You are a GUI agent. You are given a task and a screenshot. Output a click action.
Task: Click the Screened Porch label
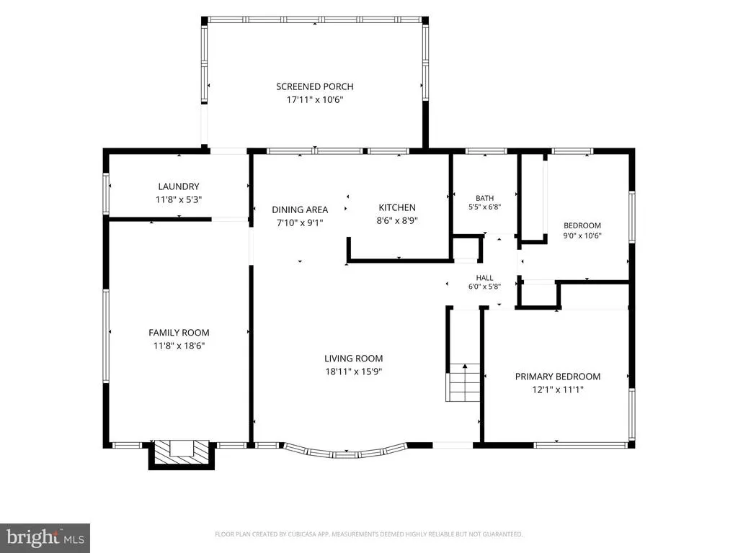pyautogui.click(x=314, y=86)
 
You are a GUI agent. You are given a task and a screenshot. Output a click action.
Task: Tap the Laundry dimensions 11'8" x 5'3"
pyautogui.click(x=179, y=199)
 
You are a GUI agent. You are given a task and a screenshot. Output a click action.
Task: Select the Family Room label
pyautogui.click(x=179, y=333)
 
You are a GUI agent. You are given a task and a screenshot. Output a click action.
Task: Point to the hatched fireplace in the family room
pyautogui.click(x=182, y=454)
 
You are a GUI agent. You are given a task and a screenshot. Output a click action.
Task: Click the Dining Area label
pyautogui.click(x=300, y=210)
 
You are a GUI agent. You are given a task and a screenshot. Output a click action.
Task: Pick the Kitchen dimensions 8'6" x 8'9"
pyautogui.click(x=397, y=220)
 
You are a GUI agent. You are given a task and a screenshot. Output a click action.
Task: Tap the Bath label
pyautogui.click(x=484, y=199)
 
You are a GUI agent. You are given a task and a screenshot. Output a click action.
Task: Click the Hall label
pyautogui.click(x=484, y=278)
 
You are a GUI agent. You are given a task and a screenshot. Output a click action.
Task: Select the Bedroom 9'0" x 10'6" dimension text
pyautogui.click(x=582, y=235)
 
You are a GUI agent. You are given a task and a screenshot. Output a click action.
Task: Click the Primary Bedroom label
pyautogui.click(x=558, y=377)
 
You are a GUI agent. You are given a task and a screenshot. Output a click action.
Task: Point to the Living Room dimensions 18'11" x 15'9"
pyautogui.click(x=353, y=372)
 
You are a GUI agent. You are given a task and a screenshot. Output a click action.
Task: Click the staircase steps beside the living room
pyautogui.click(x=463, y=383)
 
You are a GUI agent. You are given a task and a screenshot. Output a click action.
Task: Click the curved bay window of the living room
pyautogui.click(x=345, y=452)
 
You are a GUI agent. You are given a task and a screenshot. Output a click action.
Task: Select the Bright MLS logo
pyautogui.click(x=45, y=536)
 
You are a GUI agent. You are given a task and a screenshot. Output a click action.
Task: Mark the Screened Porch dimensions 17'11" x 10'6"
pyautogui.click(x=315, y=99)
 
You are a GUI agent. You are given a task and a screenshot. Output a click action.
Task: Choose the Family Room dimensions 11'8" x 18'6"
pyautogui.click(x=179, y=346)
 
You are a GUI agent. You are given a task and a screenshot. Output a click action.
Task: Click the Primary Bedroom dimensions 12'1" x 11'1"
pyautogui.click(x=558, y=390)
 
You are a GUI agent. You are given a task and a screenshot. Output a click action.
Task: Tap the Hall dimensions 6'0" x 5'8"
pyautogui.click(x=484, y=287)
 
